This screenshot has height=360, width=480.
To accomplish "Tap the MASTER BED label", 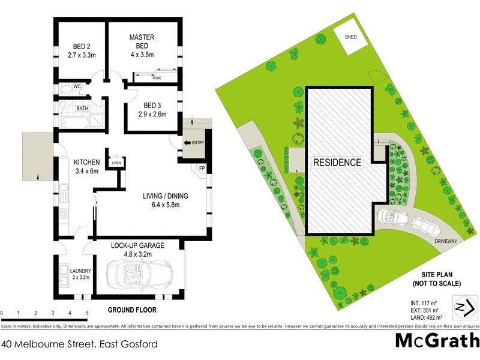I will [x=142, y=37].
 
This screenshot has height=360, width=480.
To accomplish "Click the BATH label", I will [x=82, y=108].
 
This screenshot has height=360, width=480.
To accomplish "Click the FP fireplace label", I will [x=202, y=169].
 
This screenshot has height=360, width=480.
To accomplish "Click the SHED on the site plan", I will [x=350, y=37].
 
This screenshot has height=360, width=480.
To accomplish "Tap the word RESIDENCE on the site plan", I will [x=337, y=162].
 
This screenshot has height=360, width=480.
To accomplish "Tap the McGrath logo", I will [x=437, y=341].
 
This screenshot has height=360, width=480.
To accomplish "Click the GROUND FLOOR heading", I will [x=131, y=310].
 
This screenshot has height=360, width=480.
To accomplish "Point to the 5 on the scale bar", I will [x=87, y=314].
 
